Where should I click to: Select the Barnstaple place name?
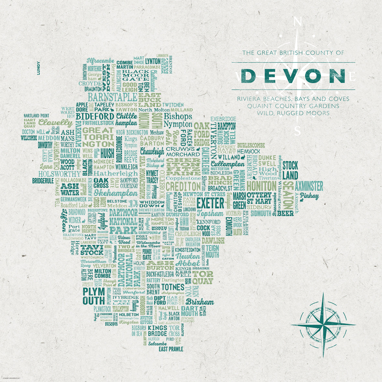[112, 97]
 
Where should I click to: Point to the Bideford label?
[93, 116]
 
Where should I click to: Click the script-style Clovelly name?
[55, 123]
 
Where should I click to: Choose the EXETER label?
[210, 203]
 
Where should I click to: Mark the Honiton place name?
[261, 185]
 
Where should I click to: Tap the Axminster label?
[309, 186]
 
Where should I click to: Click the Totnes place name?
[172, 287]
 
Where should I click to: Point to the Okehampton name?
[116, 193]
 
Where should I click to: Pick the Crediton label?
[183, 186]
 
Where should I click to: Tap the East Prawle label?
[171, 349]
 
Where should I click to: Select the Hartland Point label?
[36, 115]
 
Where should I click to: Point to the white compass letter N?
[298, 22]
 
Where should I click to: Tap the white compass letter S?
[298, 131]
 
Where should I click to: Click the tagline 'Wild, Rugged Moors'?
[293, 113]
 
